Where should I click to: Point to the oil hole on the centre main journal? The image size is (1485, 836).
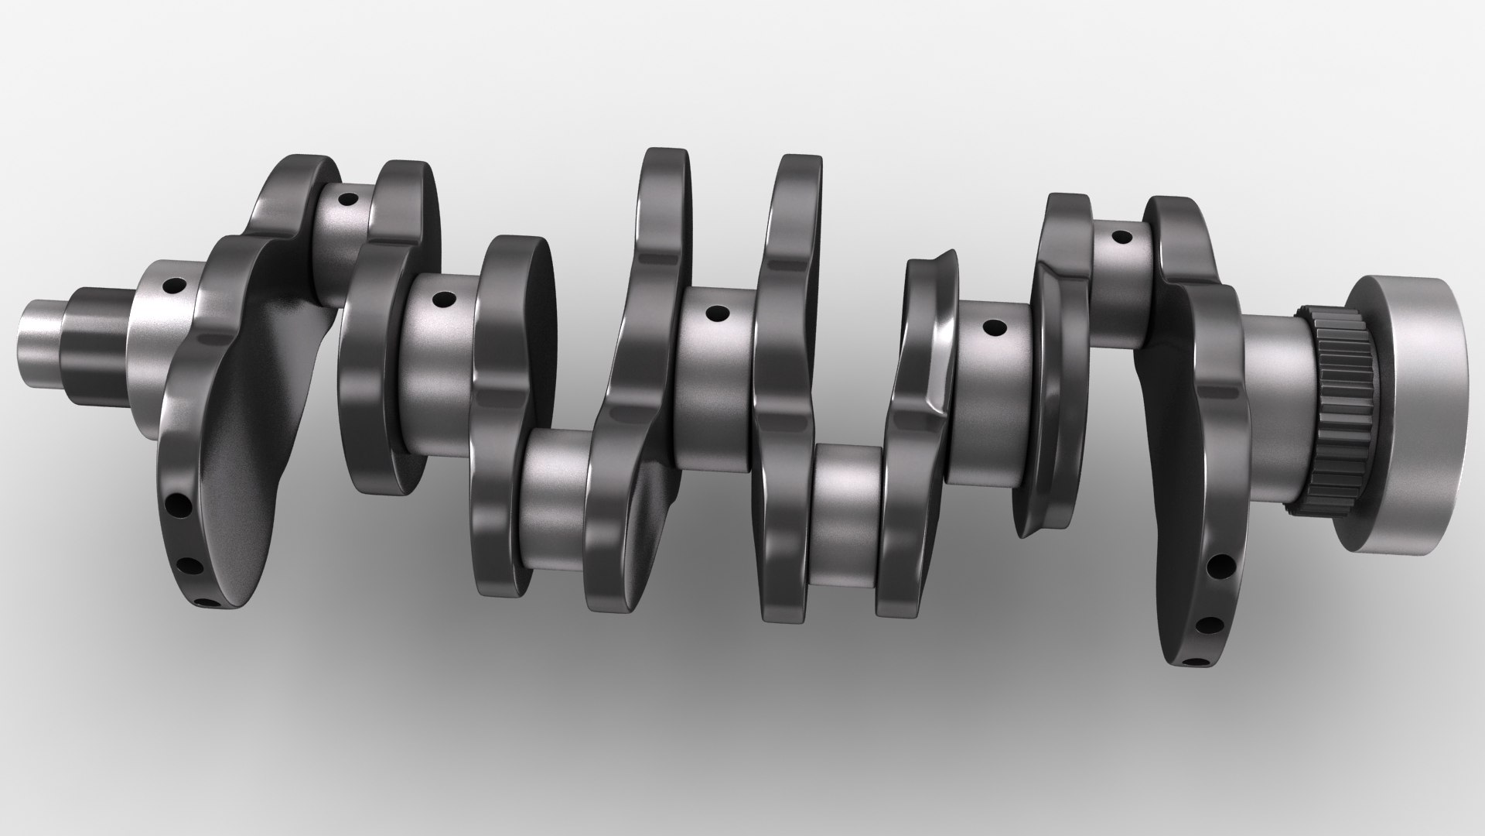(718, 314)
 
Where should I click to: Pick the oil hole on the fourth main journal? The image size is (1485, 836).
(990, 328)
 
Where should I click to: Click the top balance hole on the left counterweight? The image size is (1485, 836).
(179, 505)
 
